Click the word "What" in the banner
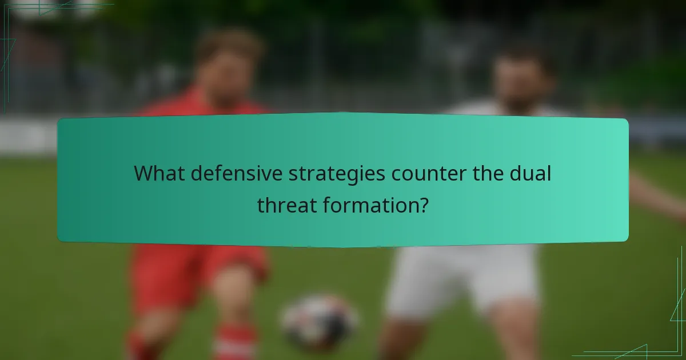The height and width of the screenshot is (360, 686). click(x=158, y=173)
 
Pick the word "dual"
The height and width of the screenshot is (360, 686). click(x=532, y=173)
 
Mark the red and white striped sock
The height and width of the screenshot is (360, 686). click(x=234, y=343)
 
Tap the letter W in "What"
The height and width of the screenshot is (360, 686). click(x=143, y=173)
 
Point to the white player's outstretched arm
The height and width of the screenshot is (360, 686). click(x=657, y=194)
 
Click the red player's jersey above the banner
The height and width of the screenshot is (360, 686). click(x=200, y=106)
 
